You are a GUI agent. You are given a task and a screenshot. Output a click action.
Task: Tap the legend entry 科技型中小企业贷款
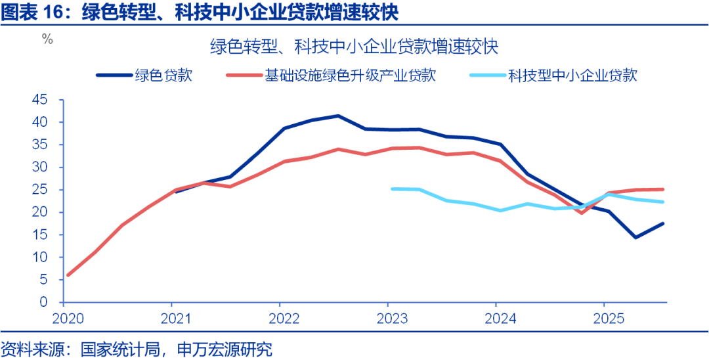[572, 76]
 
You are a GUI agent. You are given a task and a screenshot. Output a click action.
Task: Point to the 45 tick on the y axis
[40, 100]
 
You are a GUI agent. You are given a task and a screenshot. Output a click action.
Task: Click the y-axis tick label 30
[40, 168]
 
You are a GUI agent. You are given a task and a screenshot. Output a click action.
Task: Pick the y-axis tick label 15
[40, 235]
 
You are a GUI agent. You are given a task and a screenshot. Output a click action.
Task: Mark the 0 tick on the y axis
[44, 303]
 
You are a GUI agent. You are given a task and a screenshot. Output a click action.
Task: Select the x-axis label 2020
[63, 318]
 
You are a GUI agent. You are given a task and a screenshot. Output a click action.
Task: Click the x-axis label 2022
[280, 318]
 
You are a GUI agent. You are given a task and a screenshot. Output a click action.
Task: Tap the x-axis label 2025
[604, 318]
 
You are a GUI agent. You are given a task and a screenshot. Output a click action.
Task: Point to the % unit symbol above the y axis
[47, 39]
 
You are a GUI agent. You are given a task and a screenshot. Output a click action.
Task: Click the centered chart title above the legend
[354, 47]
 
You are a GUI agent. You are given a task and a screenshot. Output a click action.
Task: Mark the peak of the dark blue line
[338, 116]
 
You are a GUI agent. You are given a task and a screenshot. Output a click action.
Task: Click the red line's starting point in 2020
[68, 275]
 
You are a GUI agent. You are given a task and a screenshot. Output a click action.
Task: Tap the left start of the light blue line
[391, 189]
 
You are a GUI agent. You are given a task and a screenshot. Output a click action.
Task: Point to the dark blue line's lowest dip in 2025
[635, 237]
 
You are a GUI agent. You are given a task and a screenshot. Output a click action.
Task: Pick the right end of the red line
[663, 189]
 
